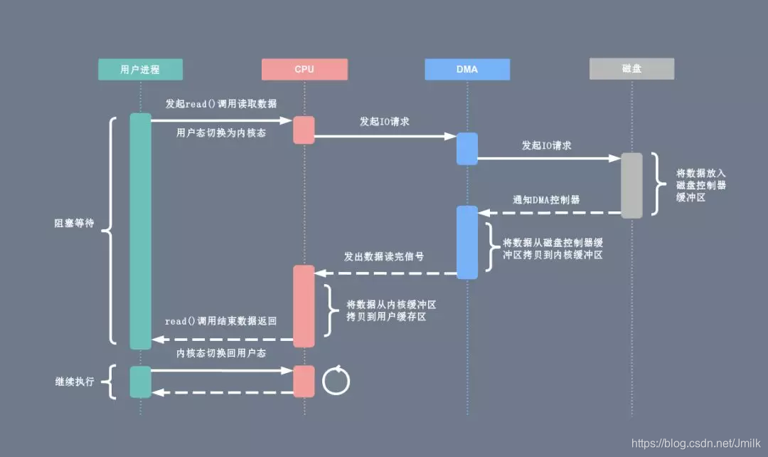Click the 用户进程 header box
pyautogui.click(x=140, y=69)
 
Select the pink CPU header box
pyautogui.click(x=304, y=69)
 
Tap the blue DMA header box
pyautogui.click(x=467, y=69)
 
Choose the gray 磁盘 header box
pyautogui.click(x=631, y=69)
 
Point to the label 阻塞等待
pyautogui.click(x=74, y=223)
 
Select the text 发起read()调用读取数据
pyautogui.click(x=221, y=104)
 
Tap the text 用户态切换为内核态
pyautogui.click(x=221, y=132)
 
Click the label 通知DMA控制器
pyautogui.click(x=546, y=200)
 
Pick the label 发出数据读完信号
pyautogui.click(x=385, y=256)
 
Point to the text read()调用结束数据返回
pyautogui.click(x=220, y=321)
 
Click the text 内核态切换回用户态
pyautogui.click(x=221, y=353)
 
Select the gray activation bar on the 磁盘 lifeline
pyautogui.click(x=631, y=185)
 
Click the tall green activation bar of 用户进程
pyautogui.click(x=140, y=231)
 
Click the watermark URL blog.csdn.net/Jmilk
pyautogui.click(x=698, y=442)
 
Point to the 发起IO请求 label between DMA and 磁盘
pyautogui.click(x=546, y=145)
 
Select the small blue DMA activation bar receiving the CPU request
pyautogui.click(x=467, y=149)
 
